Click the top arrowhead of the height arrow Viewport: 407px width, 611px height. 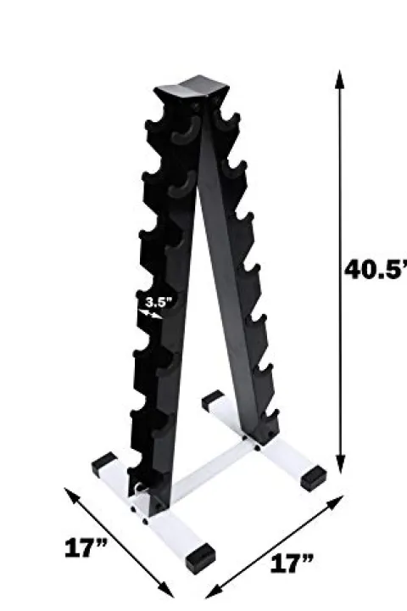339,79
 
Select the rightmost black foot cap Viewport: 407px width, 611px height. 312,475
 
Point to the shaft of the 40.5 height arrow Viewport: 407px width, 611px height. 339,170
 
